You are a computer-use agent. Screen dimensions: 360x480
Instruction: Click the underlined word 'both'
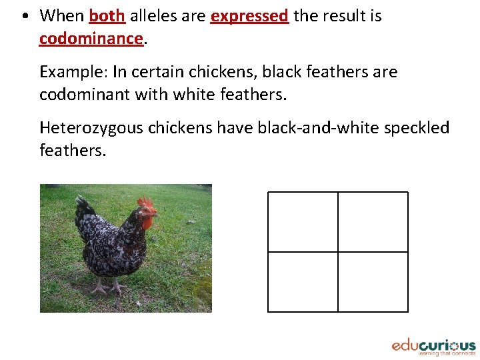coord(107,16)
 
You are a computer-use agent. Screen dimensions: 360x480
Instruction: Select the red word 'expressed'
coord(249,16)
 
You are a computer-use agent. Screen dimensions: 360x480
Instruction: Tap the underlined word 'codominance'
coord(91,39)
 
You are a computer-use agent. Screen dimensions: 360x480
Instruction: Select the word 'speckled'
coord(417,128)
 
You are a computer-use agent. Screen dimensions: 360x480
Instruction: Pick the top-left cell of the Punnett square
coord(303,222)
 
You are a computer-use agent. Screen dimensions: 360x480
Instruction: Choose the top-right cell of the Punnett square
coord(373,222)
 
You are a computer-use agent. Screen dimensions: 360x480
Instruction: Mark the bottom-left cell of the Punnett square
coord(303,281)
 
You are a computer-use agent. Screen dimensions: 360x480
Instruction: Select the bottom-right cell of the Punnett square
coord(373,281)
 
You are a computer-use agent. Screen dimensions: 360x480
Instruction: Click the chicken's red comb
coord(145,202)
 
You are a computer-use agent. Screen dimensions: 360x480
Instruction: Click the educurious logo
coord(433,347)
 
